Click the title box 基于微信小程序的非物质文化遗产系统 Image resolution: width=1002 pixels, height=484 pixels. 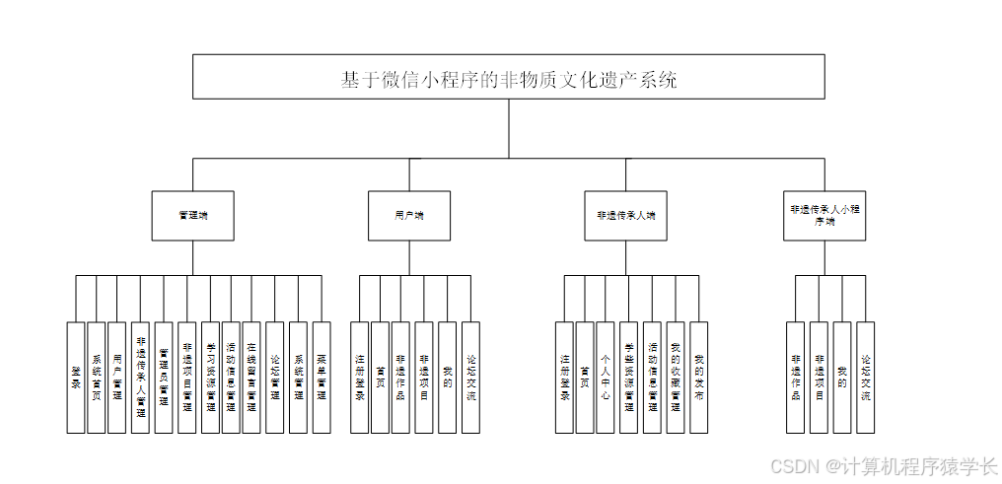point(508,77)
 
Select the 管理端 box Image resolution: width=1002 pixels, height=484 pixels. point(192,215)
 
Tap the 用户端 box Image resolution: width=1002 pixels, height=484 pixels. point(408,215)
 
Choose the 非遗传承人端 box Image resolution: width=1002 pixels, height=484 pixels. point(625,215)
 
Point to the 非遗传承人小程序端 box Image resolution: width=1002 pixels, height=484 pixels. point(824,215)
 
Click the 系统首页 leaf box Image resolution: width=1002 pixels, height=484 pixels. point(96,378)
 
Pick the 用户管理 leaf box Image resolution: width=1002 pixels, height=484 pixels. point(117,378)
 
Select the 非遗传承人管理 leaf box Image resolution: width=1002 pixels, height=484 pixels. point(140,378)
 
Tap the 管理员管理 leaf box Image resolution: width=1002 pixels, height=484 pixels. point(164,378)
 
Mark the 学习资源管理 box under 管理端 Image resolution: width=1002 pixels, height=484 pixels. point(210,378)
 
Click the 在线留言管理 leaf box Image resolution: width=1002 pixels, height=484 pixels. point(251,378)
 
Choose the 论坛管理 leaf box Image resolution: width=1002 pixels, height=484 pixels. point(274,378)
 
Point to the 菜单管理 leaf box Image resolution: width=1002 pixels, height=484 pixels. point(322,378)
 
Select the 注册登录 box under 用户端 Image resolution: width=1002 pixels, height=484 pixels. point(360,378)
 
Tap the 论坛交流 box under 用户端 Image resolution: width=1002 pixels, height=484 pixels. point(471,378)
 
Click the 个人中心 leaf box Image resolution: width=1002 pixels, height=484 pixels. point(606,378)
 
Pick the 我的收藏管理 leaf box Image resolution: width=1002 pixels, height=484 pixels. point(676,378)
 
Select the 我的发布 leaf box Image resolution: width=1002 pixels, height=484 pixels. point(699,378)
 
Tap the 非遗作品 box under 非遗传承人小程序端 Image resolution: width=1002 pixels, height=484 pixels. point(796,378)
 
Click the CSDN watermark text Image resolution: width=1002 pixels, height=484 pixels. point(884,465)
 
